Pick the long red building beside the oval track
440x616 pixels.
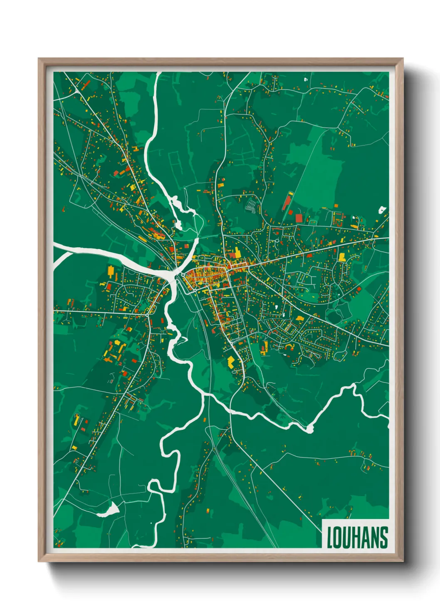point(287,201)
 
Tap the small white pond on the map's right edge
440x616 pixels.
point(382,209)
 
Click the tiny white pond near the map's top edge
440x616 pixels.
point(306,78)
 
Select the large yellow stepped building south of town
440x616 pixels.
point(230,361)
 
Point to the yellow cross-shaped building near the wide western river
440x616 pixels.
point(111,272)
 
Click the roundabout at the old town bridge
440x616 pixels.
point(183,275)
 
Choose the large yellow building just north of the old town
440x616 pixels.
point(236,253)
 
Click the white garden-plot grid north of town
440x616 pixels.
point(251,206)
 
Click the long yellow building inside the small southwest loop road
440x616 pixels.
point(76,419)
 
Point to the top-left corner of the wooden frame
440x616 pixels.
point(39,59)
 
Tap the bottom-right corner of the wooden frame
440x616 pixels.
point(403,561)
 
